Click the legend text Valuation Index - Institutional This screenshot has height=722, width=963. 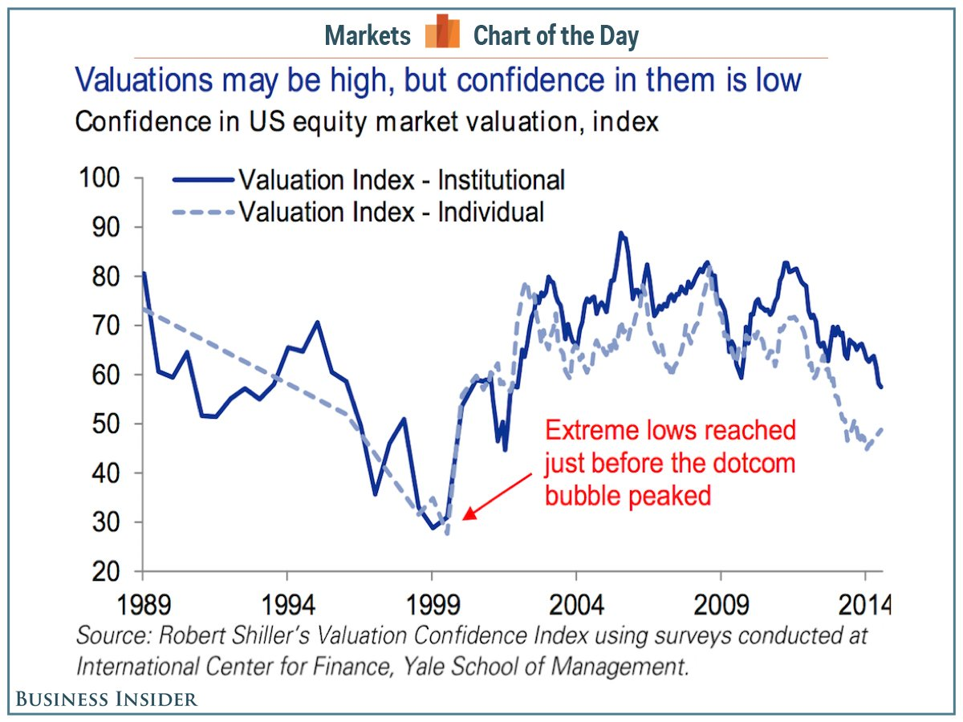(401, 180)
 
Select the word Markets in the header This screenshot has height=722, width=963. (368, 36)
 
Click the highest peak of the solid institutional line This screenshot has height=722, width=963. (620, 233)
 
